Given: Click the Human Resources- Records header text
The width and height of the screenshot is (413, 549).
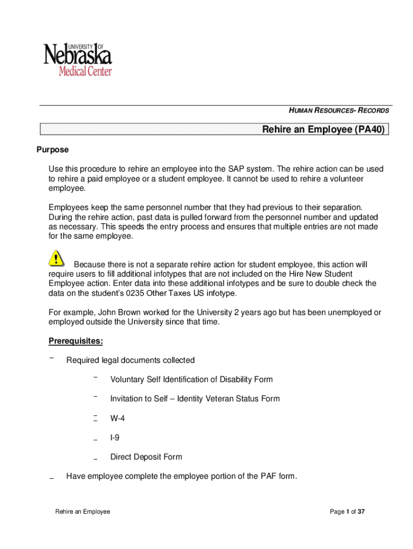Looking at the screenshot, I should click(x=339, y=111).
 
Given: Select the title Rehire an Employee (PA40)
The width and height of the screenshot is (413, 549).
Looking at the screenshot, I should click(x=323, y=130).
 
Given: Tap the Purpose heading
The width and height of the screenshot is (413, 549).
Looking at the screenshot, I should click(x=52, y=150).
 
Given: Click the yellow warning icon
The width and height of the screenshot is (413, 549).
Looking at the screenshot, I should click(x=56, y=259).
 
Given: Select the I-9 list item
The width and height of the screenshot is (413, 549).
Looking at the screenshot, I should click(x=115, y=437).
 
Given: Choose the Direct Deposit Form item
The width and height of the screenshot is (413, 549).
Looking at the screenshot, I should click(x=146, y=457).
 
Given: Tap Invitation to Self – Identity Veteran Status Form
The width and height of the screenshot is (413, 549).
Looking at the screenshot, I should click(x=195, y=399).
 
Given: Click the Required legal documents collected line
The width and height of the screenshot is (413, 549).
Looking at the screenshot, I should click(x=130, y=360).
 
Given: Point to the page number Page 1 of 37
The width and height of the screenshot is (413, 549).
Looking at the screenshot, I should click(x=348, y=512).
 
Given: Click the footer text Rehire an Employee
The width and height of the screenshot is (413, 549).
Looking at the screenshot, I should click(x=83, y=512).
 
